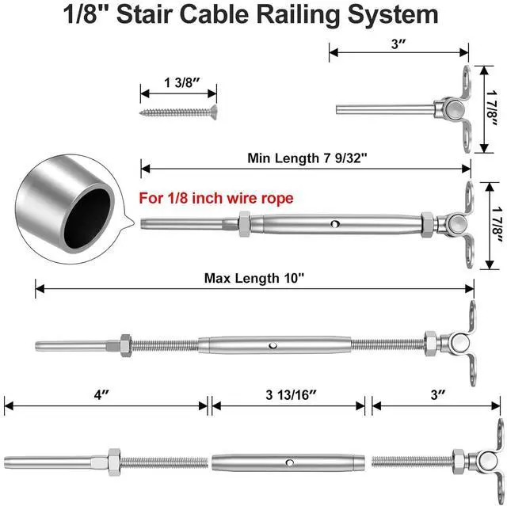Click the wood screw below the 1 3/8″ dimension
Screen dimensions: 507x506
[178, 112]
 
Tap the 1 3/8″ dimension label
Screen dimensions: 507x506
[181, 82]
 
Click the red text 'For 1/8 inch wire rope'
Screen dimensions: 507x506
[216, 198]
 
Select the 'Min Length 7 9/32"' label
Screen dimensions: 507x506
[307, 158]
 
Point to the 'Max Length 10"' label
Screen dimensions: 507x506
[254, 278]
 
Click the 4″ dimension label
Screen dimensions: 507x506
[102, 394]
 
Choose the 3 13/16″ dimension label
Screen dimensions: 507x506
[291, 395]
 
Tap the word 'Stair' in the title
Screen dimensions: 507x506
[144, 14]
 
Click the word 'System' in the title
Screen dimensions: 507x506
[393, 15]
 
